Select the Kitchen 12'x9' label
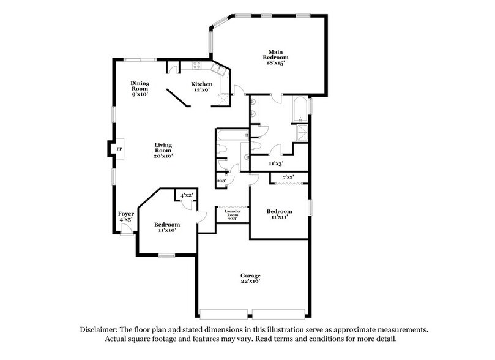pyautogui.click(x=202, y=87)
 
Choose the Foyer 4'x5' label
pyautogui.click(x=125, y=216)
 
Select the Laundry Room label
pyautogui.click(x=232, y=216)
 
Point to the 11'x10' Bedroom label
pyautogui.click(x=166, y=227)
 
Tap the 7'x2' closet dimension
pyautogui.click(x=289, y=178)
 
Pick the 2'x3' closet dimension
pyautogui.click(x=221, y=181)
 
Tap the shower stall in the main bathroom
pyautogui.click(x=301, y=135)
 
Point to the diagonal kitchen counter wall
pyautogui.click(x=181, y=97)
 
